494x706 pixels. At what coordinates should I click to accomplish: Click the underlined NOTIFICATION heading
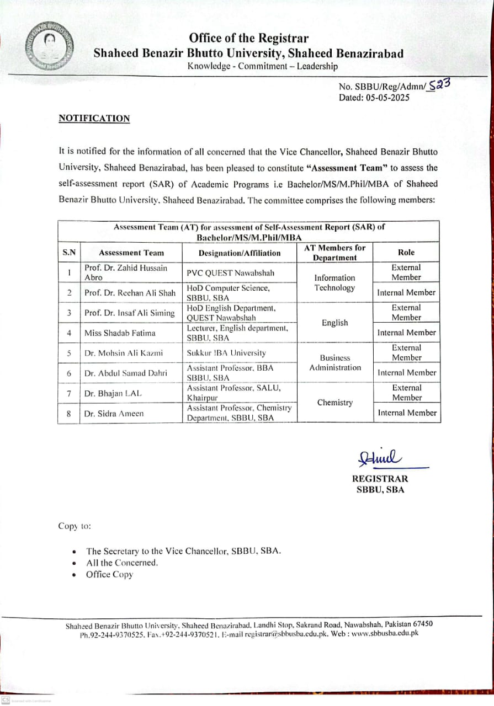[94, 119]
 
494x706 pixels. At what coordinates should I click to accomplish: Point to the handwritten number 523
[440, 84]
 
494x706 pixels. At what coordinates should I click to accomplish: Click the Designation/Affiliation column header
[240, 253]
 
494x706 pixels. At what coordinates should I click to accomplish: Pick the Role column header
[406, 252]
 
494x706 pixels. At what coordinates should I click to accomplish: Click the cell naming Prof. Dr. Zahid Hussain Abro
[126, 272]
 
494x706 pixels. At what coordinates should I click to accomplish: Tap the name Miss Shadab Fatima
[120, 333]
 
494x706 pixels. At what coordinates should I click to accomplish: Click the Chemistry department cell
[334, 403]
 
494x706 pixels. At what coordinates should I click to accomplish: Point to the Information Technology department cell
[334, 282]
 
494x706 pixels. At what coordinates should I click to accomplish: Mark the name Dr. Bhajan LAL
[114, 393]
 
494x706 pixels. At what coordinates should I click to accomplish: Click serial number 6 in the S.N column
[69, 373]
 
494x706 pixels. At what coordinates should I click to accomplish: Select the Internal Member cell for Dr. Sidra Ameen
[406, 413]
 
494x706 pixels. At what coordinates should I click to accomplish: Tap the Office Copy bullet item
[109, 575]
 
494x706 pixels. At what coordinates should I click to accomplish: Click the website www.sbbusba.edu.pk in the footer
[385, 633]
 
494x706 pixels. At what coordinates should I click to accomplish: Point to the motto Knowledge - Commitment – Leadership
[262, 66]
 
